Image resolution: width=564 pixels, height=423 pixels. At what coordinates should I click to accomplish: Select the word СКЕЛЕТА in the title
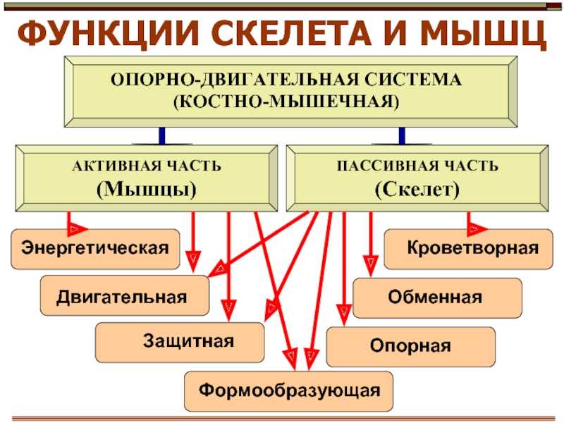[x=294, y=33]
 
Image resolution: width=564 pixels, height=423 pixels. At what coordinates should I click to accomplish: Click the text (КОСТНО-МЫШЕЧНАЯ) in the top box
[x=286, y=102]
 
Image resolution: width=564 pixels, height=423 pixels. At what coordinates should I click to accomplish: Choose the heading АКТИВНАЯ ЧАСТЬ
[x=147, y=166]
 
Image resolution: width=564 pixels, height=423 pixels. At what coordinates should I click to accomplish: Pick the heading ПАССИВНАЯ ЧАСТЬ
[x=417, y=166]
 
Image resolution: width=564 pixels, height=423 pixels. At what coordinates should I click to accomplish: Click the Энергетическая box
[x=95, y=250]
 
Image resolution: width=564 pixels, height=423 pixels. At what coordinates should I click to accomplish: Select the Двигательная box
[x=125, y=295]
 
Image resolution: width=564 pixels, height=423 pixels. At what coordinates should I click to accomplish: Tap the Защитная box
[x=180, y=343]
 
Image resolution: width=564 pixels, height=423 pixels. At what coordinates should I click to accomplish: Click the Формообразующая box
[x=288, y=391]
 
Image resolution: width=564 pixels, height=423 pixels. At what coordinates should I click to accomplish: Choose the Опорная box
[x=411, y=347]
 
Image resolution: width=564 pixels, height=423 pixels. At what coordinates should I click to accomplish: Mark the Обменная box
[x=437, y=298]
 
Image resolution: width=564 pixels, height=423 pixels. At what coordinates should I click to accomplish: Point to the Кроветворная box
[x=468, y=249]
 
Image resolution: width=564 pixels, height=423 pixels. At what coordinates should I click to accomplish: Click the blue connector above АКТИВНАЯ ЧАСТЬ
[x=162, y=136]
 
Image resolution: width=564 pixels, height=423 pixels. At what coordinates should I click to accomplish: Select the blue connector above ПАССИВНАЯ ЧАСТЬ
[x=402, y=136]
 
